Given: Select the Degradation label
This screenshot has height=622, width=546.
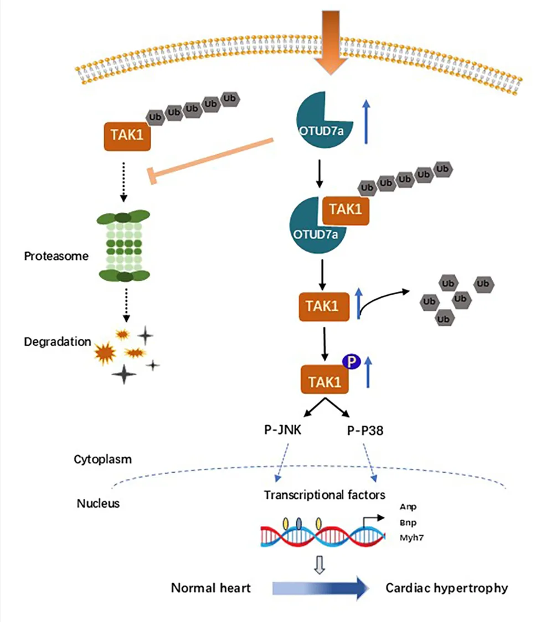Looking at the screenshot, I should pyautogui.click(x=58, y=342).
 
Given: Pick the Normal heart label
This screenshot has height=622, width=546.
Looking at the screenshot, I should pyautogui.click(x=210, y=588).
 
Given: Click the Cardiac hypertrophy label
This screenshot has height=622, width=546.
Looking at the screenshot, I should pyautogui.click(x=446, y=588).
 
